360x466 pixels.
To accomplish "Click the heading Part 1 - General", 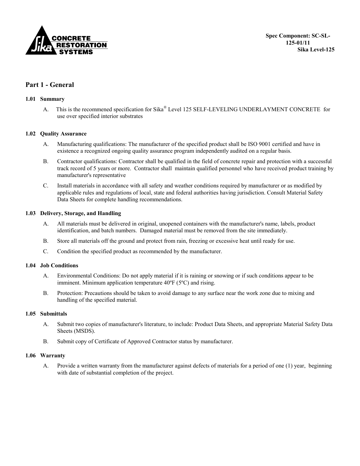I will (x=50, y=85).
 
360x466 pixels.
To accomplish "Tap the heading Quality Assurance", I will (x=63, y=134).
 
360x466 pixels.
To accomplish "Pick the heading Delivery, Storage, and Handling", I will (x=80, y=213).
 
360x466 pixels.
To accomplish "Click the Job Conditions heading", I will (x=59, y=266).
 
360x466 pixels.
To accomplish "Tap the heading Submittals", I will (x=53, y=314).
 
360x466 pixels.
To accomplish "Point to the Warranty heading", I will (x=53, y=356).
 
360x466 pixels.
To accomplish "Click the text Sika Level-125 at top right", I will (x=316, y=50).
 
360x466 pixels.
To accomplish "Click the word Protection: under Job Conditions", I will (x=70, y=293).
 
